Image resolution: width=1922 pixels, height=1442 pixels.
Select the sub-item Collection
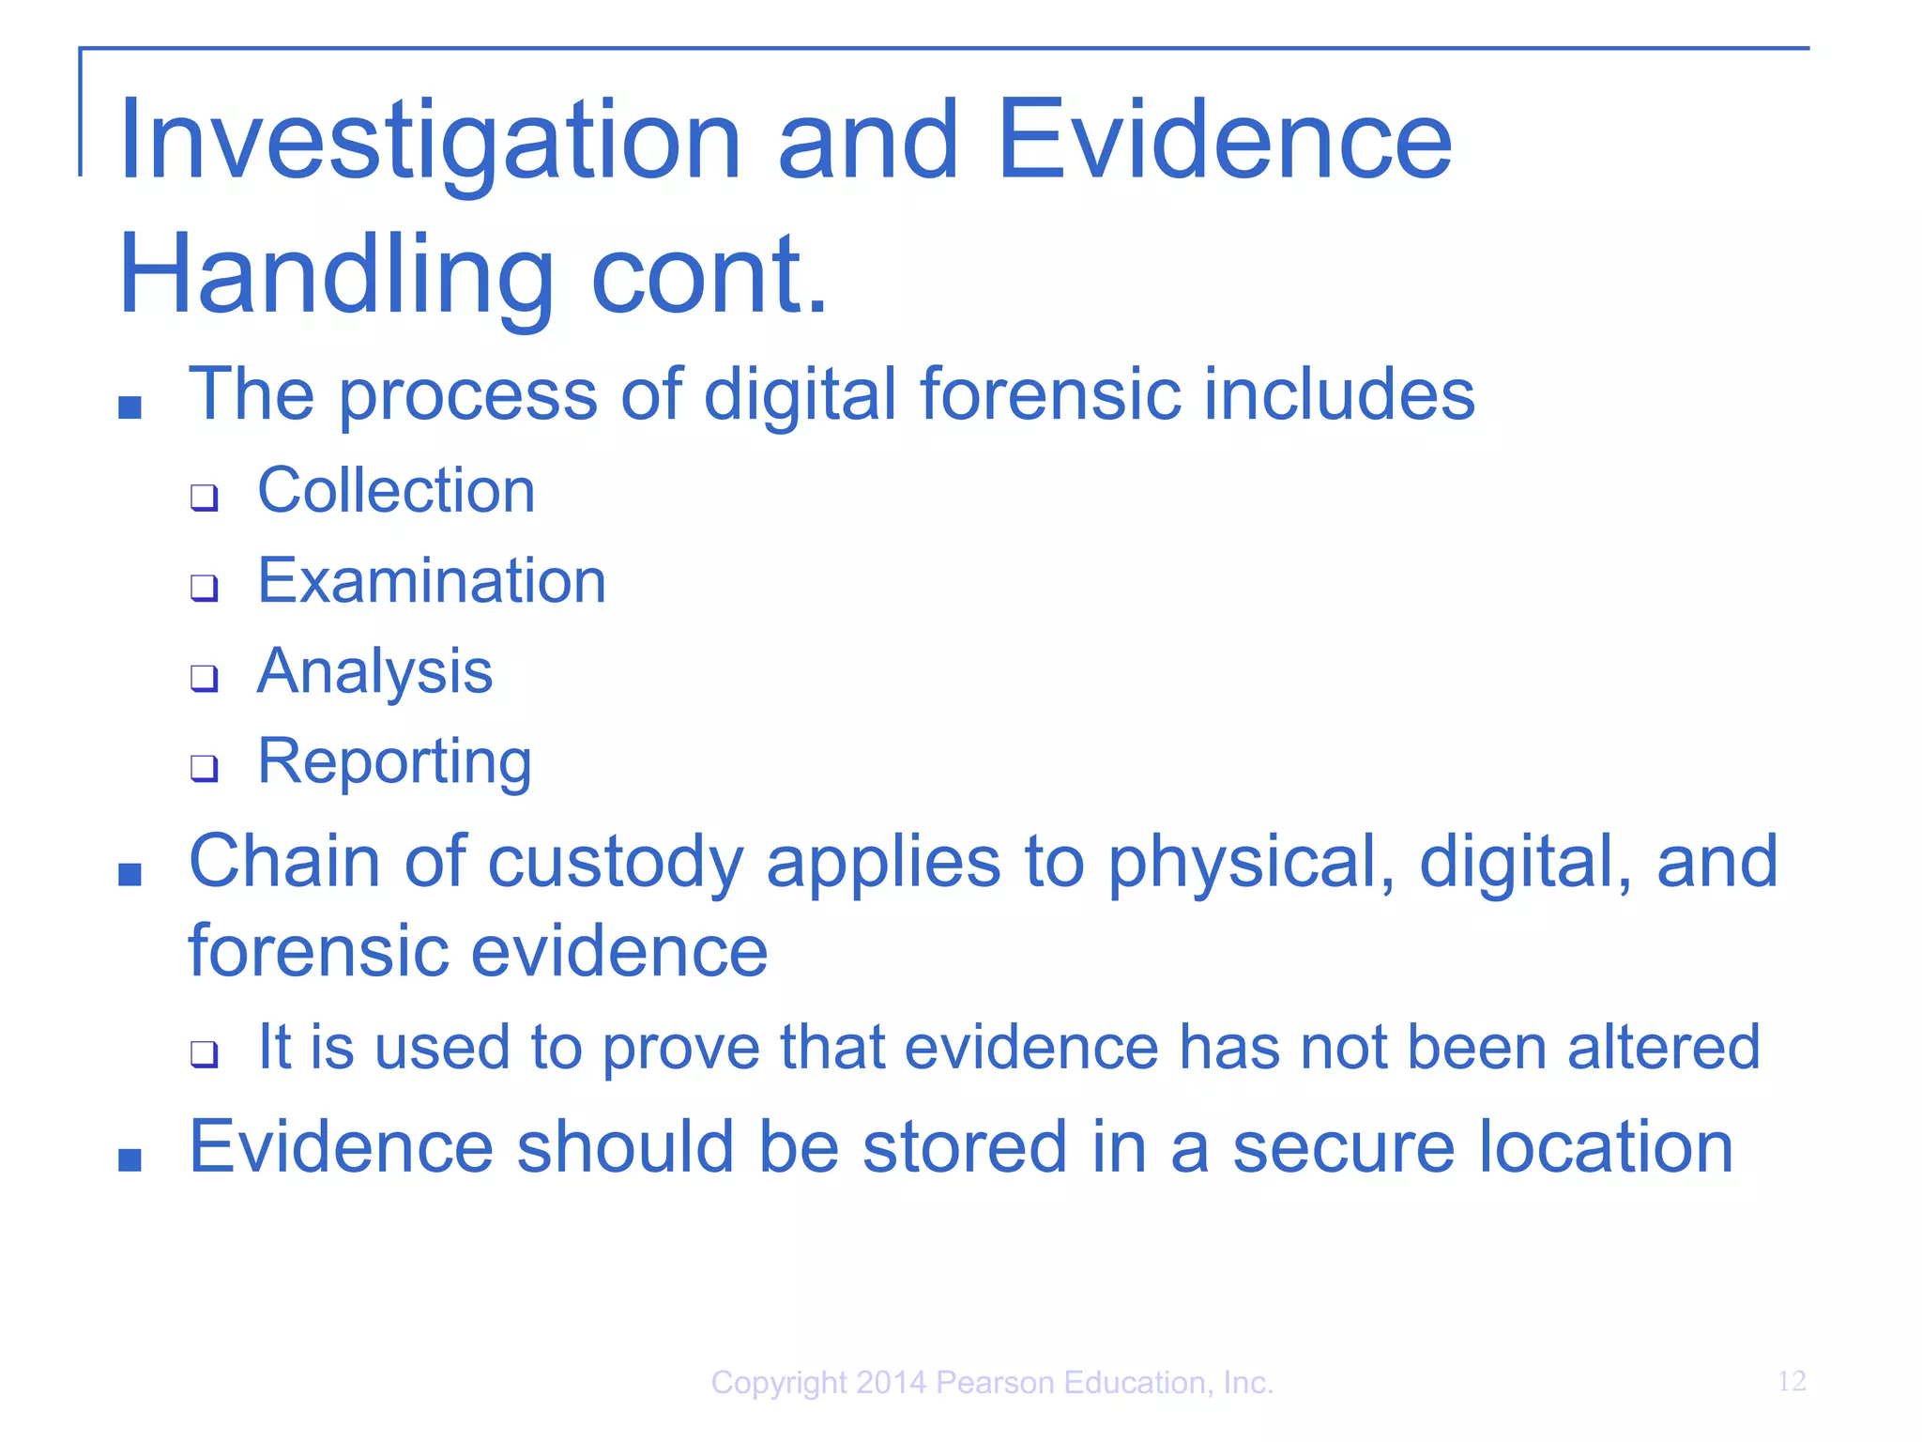point(396,491)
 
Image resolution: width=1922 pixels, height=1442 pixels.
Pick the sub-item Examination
point(432,581)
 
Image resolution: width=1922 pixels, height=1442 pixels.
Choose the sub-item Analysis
point(374,672)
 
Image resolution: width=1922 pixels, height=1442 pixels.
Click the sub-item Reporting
point(394,761)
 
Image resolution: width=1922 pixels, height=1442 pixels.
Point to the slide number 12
point(1791,1381)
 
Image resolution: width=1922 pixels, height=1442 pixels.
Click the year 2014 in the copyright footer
point(891,1383)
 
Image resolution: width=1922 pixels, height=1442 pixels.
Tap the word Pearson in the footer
point(996,1383)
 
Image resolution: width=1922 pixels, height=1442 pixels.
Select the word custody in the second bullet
point(616,863)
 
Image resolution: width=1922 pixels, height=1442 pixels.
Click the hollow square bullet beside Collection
point(204,498)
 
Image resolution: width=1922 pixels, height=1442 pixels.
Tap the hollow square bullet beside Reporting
point(204,768)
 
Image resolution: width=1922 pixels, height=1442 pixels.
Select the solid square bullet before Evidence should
point(130,1159)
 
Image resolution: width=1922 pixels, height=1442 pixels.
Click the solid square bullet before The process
point(130,407)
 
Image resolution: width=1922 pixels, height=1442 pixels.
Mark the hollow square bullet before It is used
point(204,1054)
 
